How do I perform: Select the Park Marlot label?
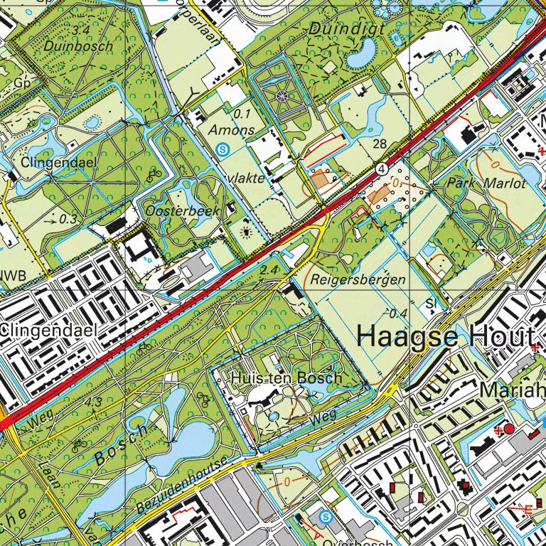pyautogui.click(x=486, y=183)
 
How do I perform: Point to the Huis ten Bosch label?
pyautogui.click(x=287, y=378)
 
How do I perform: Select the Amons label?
pyautogui.click(x=232, y=130)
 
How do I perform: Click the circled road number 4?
pyautogui.click(x=382, y=168)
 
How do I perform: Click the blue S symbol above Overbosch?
pyautogui.click(x=326, y=516)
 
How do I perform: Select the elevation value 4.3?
pyautogui.click(x=93, y=403)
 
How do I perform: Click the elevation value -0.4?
pyautogui.click(x=399, y=314)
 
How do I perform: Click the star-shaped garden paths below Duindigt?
pyautogui.click(x=284, y=95)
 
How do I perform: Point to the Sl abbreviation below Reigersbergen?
pyautogui.click(x=430, y=304)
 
